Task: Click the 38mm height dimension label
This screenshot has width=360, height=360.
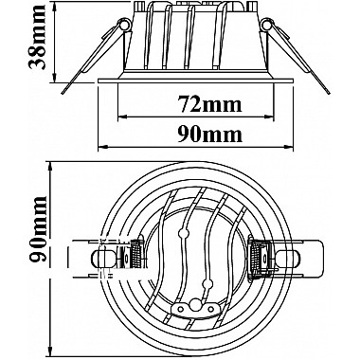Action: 37,37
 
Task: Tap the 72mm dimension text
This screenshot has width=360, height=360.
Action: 209,104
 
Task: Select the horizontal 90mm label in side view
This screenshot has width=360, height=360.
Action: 209,135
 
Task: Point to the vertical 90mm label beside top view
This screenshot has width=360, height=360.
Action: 38,229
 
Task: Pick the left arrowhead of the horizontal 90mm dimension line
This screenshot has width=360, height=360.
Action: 102,147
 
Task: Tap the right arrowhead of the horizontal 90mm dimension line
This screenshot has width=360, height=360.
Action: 289,147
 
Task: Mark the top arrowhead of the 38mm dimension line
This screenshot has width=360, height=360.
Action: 55,6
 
